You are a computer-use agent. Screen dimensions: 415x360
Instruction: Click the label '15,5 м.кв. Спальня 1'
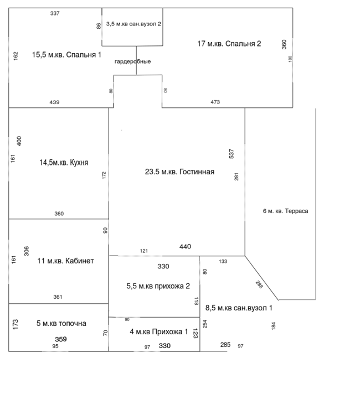(x=66, y=55)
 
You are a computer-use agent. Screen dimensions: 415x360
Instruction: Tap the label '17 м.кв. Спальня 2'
(x=229, y=43)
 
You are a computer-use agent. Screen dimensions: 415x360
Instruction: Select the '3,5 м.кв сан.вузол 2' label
(x=133, y=24)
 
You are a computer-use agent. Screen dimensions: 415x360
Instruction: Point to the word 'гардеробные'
(x=132, y=61)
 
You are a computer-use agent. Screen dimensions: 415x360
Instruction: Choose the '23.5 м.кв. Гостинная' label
(x=179, y=172)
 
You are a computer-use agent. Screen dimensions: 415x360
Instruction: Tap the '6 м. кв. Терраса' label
(x=285, y=211)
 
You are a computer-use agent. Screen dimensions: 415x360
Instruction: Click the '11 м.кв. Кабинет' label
(x=65, y=261)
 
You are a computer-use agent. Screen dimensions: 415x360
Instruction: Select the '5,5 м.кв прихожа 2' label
(x=158, y=286)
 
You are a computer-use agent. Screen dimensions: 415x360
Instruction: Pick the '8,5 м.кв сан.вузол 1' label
(x=239, y=308)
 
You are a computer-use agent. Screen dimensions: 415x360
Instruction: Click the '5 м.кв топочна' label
(x=61, y=323)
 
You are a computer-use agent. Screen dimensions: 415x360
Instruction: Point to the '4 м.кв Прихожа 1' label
(x=159, y=332)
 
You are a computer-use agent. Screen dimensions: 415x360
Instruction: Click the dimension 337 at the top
(x=54, y=13)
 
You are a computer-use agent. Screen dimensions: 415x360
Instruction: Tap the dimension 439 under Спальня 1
(x=54, y=102)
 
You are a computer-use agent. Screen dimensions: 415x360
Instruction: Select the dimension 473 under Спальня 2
(x=215, y=102)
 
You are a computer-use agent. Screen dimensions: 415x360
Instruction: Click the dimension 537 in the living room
(x=232, y=153)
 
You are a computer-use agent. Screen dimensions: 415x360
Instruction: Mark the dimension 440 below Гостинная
(x=185, y=247)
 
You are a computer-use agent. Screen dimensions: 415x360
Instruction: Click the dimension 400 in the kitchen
(x=19, y=141)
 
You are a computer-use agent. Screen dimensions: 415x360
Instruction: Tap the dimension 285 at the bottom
(x=225, y=345)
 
